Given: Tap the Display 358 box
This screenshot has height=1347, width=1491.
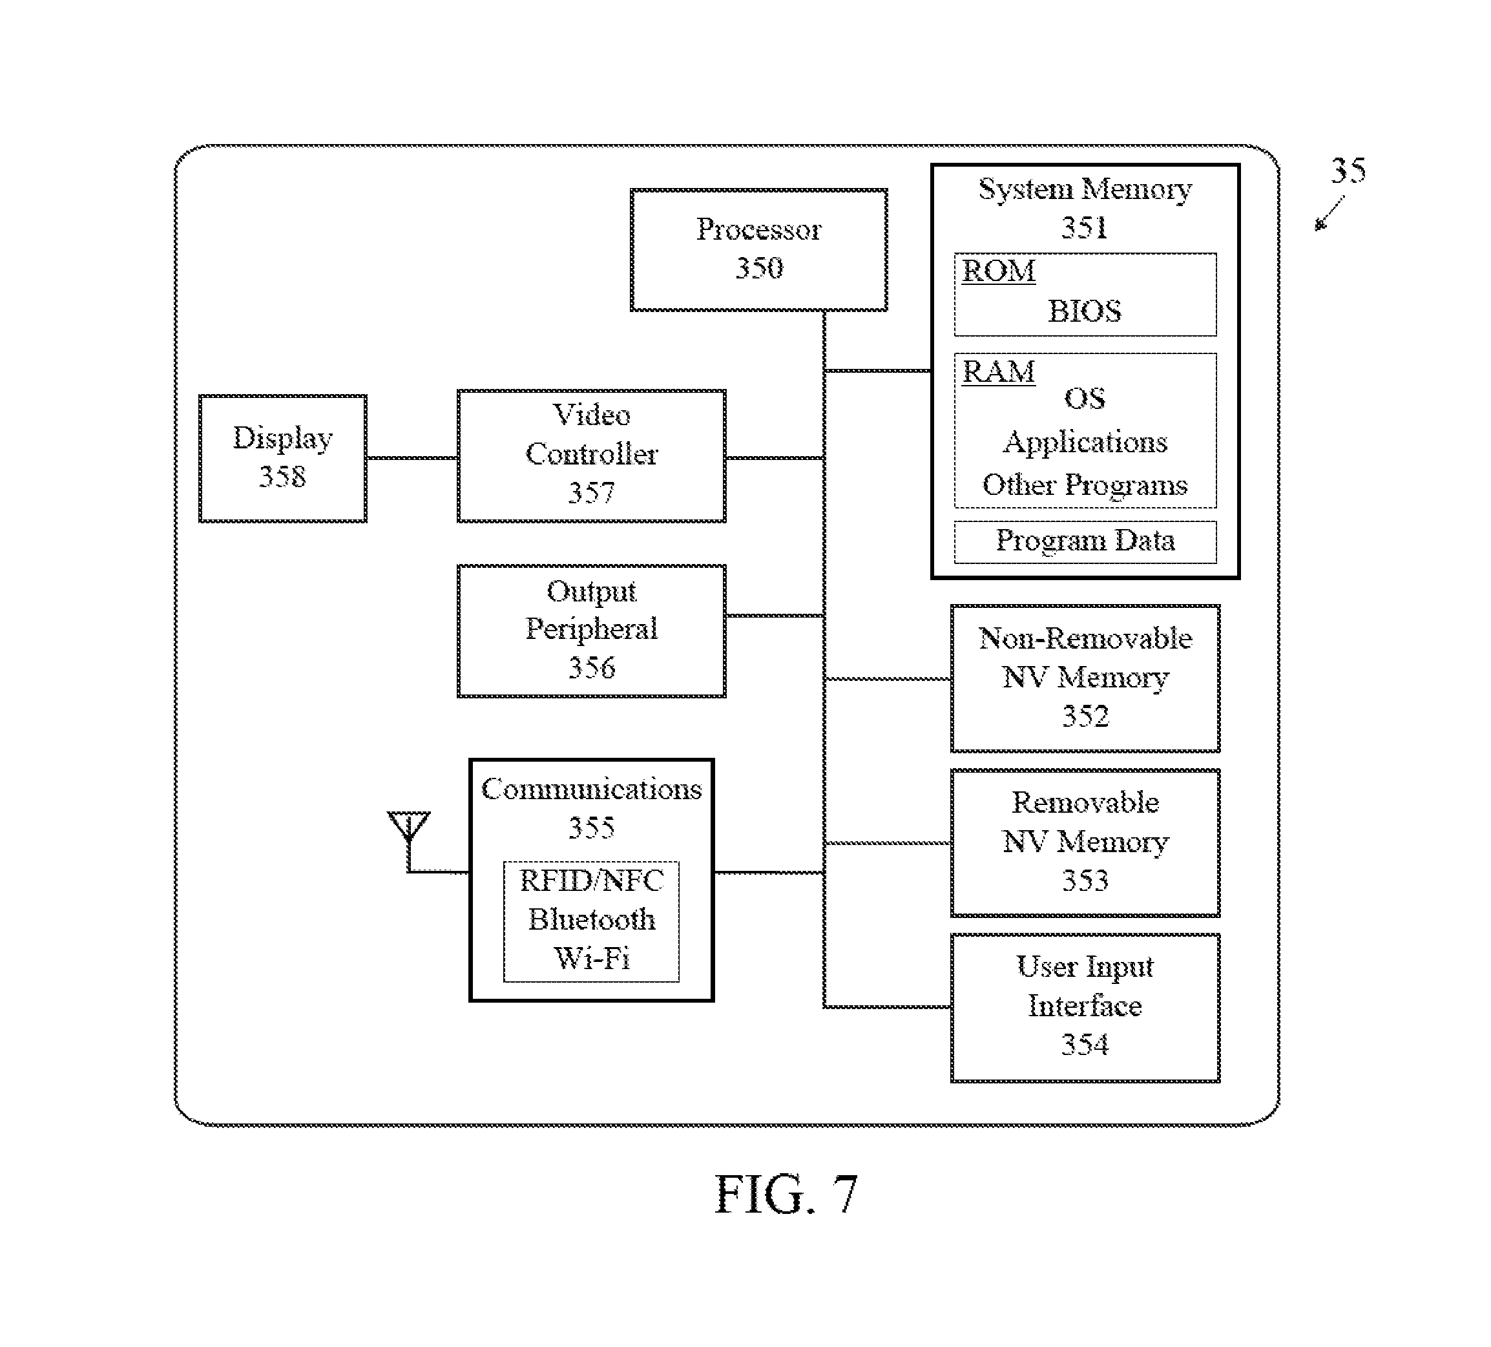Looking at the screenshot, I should coord(282,458).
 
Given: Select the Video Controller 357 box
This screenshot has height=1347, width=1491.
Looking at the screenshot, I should coord(591,455).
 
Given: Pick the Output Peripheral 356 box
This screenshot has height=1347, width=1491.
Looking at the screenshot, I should coord(591,631).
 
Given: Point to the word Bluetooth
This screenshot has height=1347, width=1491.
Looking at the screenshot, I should coord(591,919).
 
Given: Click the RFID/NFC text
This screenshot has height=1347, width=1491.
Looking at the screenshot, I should coord(591,881).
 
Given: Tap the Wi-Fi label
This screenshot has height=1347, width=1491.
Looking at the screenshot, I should coord(591,959).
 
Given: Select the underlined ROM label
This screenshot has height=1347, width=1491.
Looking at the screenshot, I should coord(997,271).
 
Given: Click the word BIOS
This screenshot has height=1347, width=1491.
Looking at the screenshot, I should coord(1084,311).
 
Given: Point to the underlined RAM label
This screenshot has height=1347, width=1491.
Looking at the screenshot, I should coord(997,371).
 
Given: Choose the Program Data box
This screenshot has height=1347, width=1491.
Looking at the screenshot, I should coord(1084,541).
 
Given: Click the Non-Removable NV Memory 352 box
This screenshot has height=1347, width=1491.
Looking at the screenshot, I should coord(1084,678).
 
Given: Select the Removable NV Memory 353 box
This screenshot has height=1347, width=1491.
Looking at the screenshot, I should coord(1084,842).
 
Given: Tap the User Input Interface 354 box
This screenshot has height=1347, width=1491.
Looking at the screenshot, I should coord(1084,1007).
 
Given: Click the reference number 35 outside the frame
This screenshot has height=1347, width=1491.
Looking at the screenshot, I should coord(1348,171).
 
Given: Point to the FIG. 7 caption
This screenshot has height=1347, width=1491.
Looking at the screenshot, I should coord(786,1194).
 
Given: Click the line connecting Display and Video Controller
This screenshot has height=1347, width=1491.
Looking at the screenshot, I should coord(412,458).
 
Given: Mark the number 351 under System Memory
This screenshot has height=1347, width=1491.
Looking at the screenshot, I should coord(1084,227).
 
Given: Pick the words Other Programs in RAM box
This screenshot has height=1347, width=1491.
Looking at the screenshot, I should coord(1084,485).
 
